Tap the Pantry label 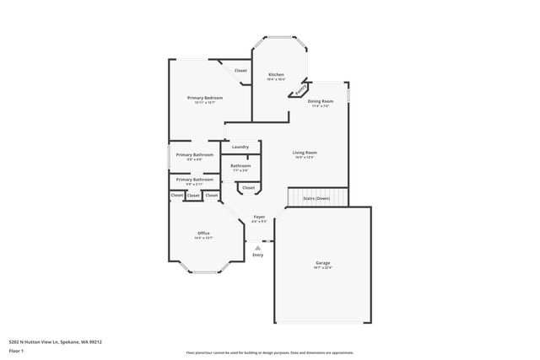(x=300, y=88)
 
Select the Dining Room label (x=321, y=101)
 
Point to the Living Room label (x=305, y=153)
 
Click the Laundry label (x=240, y=148)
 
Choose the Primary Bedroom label (x=205, y=98)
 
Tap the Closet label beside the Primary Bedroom (x=240, y=71)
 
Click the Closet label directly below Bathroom (x=248, y=188)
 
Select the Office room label (x=203, y=233)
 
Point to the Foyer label (x=259, y=217)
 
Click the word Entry (x=257, y=255)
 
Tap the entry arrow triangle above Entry (x=257, y=248)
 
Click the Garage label (x=323, y=263)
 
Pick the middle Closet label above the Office (x=193, y=196)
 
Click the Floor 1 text (x=15, y=350)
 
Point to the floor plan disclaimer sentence (x=269, y=352)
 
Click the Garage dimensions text (x=323, y=268)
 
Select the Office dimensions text (x=203, y=238)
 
